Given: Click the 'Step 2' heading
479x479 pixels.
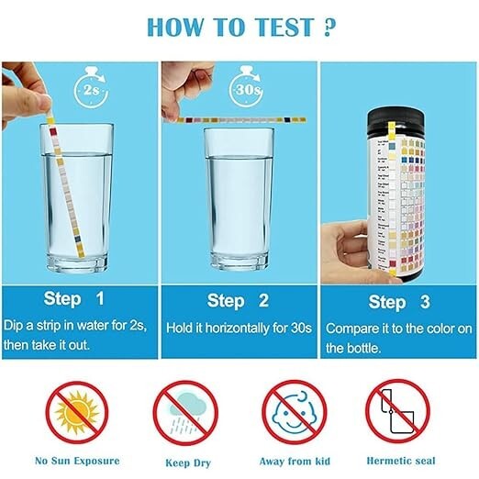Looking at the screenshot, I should click(239, 300).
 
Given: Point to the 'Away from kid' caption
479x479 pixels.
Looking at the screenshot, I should click(295, 462).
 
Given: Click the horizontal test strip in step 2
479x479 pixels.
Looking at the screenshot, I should click(239, 118).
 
